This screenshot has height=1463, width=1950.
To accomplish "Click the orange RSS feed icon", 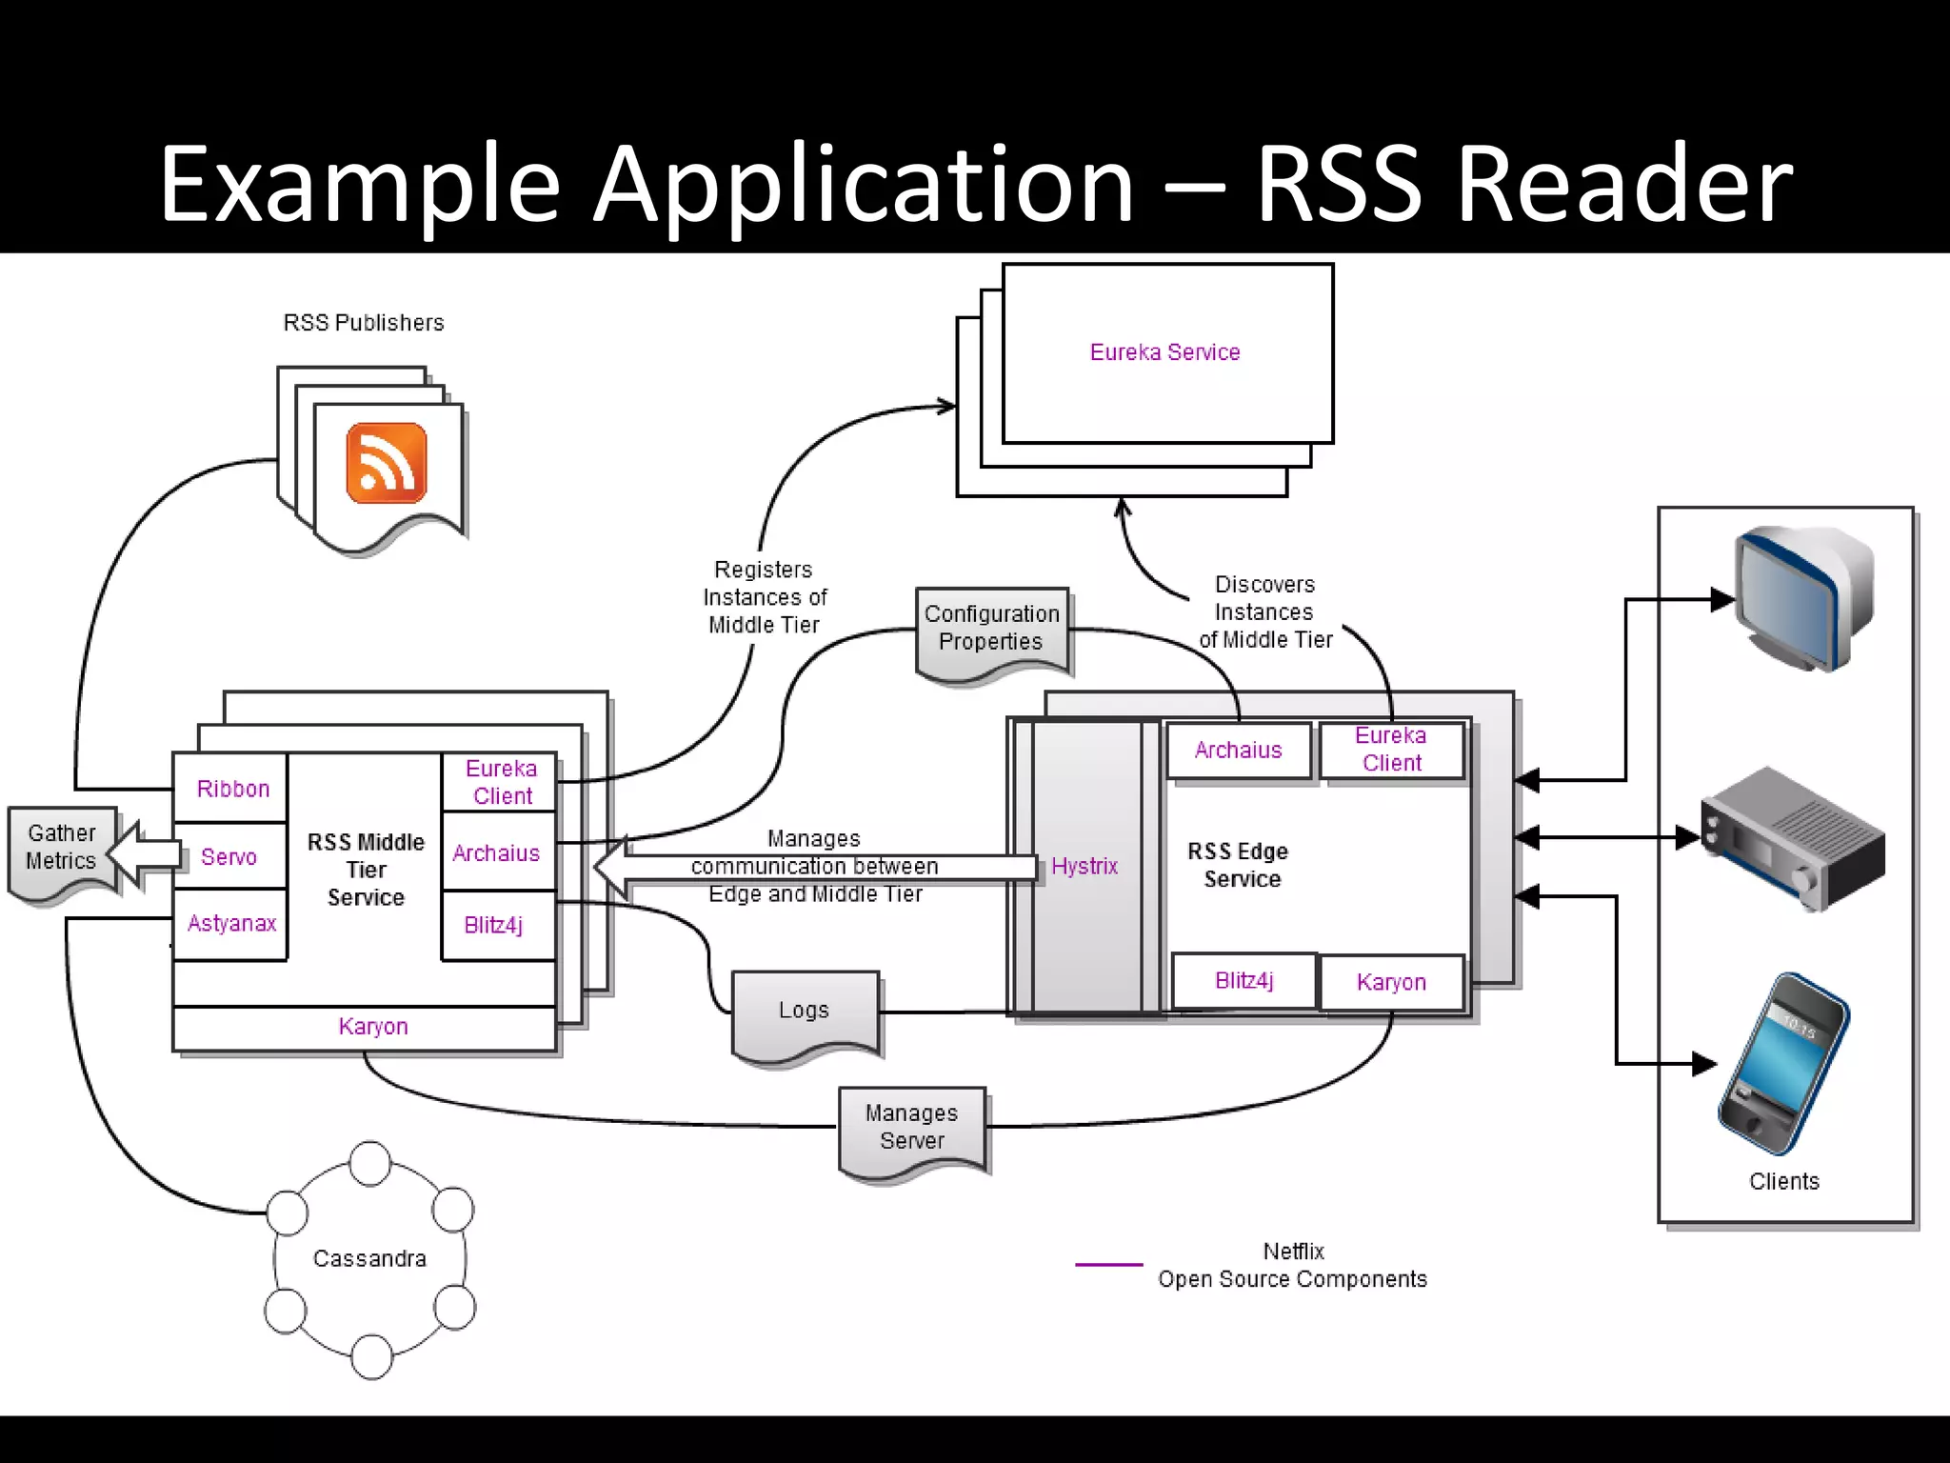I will pos(387,463).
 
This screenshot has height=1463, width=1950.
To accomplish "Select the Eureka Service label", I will pos(1164,352).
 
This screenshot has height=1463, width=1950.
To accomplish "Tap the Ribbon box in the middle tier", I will pos(232,789).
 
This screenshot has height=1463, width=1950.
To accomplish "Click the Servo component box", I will pos(229,856).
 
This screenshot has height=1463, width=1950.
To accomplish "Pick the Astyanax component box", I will pos(231,923).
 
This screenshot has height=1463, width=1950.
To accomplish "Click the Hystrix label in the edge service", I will pos(1084,866).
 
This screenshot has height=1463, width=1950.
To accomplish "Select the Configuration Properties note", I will pos(991,629).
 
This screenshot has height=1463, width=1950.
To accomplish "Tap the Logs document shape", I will pos(805,1011).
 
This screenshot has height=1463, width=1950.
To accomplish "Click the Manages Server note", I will pos(912,1127).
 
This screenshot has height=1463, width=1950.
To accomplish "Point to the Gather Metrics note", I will pos(62,848).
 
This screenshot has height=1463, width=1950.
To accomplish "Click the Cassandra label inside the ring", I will pos(369,1258).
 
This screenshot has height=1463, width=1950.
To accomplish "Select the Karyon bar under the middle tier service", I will pos(372,1027).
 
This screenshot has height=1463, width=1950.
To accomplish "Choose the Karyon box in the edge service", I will pos(1391,982).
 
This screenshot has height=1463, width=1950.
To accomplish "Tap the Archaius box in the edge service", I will pos(1238,751).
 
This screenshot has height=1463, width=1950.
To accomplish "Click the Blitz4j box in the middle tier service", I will pos(493,925).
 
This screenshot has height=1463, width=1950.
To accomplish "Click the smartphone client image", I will pos(1783,1063).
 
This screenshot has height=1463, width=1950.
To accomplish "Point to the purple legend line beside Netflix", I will pos(1108,1264).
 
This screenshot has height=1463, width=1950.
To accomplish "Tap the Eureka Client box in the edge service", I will pos(1391,750).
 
